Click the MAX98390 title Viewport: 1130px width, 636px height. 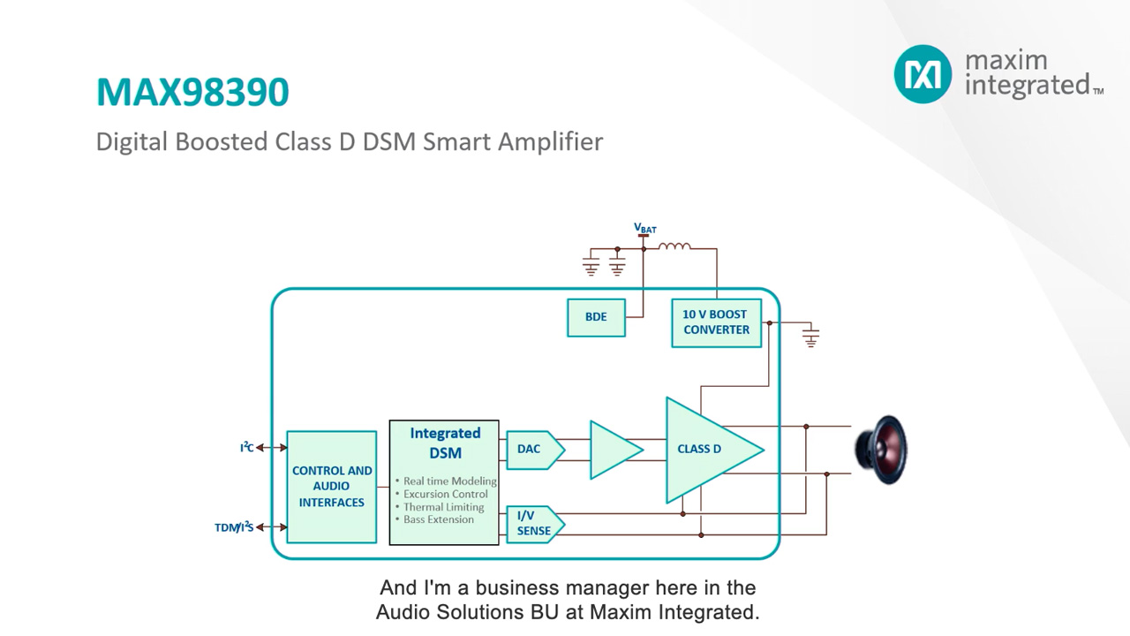pyautogui.click(x=192, y=92)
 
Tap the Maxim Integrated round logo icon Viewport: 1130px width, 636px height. pyautogui.click(x=923, y=74)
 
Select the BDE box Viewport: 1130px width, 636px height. pyautogui.click(x=596, y=317)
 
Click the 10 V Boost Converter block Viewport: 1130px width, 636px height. pyautogui.click(x=716, y=322)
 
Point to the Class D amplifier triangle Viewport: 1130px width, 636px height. pyautogui.click(x=706, y=450)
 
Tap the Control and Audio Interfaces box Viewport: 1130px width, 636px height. pyautogui.click(x=332, y=487)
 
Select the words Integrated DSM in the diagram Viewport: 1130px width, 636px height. pyautogui.click(x=445, y=443)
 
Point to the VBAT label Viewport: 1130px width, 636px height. pyautogui.click(x=645, y=229)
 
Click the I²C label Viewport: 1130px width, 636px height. pyautogui.click(x=246, y=448)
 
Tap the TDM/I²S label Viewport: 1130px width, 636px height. pyautogui.click(x=234, y=527)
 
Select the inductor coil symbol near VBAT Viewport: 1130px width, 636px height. pyautogui.click(x=674, y=247)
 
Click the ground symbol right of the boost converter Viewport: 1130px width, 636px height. pyautogui.click(x=810, y=336)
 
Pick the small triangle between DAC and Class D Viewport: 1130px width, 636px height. pyautogui.click(x=613, y=450)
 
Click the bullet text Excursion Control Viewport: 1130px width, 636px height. pyautogui.click(x=446, y=494)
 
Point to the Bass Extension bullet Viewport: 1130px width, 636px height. pyautogui.click(x=439, y=519)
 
